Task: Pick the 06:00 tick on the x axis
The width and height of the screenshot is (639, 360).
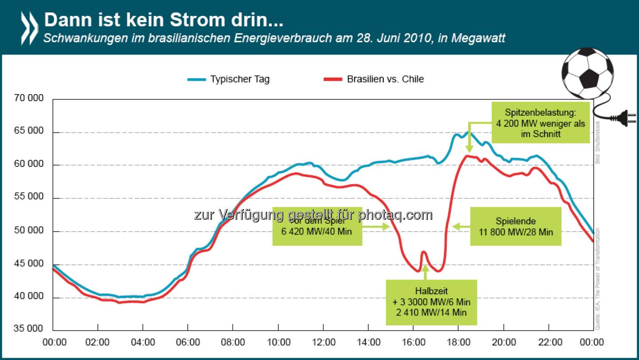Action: (188, 342)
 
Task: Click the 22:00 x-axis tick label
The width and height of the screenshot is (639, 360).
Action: (549, 342)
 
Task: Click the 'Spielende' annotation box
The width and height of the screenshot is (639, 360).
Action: (516, 226)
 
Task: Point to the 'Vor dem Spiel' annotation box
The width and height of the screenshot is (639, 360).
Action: (317, 226)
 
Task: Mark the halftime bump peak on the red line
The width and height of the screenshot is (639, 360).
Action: (424, 252)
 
